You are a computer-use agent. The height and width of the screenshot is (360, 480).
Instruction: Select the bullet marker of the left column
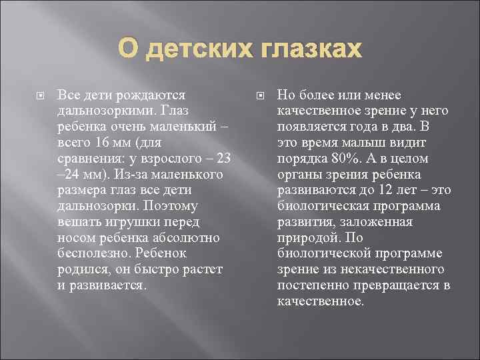click(x=41, y=95)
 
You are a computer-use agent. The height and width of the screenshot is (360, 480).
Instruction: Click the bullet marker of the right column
click(x=261, y=95)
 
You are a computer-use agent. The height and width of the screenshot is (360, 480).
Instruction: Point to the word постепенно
click(x=312, y=285)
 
